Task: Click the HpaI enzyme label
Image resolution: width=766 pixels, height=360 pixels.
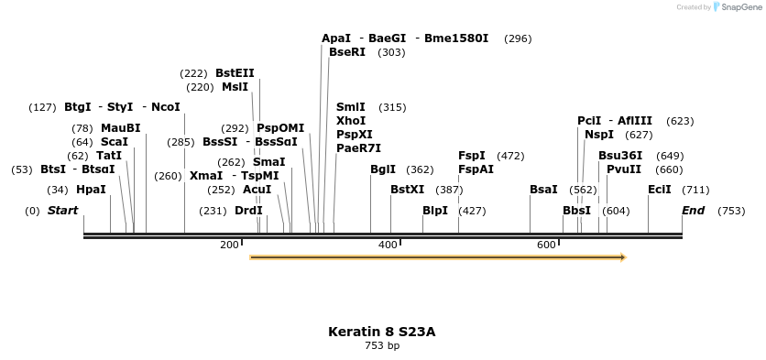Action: coord(91,190)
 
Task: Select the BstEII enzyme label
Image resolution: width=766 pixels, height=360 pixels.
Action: coord(235,73)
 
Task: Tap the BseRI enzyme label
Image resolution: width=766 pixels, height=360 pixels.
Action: coord(347,52)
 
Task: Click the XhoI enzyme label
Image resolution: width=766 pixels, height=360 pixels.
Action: coord(351,121)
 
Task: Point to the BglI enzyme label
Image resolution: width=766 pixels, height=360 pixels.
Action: coord(383,169)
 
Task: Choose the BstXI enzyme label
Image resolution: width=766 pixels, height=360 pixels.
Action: coord(408,190)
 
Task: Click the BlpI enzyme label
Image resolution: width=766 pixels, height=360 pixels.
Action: coord(435,210)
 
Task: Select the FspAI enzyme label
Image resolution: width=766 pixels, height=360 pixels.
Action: coord(476,169)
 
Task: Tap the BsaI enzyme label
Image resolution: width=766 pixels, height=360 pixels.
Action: coord(543,190)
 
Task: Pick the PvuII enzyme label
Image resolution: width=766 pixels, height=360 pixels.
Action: coord(624,169)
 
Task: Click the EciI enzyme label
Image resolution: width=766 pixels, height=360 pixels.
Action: coord(660,190)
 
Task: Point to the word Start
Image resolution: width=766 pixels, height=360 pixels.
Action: coord(62,211)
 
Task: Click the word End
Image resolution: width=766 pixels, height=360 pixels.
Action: coord(694,211)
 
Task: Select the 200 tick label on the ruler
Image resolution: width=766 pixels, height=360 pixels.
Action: coord(229,245)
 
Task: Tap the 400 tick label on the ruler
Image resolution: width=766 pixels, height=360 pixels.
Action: coord(388,245)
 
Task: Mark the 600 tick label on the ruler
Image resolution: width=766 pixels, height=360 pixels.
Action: coord(546,245)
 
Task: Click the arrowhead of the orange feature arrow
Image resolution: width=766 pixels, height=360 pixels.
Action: coord(622,257)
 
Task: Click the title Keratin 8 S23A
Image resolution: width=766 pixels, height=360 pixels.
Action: coord(382,332)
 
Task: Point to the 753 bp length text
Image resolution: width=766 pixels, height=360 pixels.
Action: coord(382,346)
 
